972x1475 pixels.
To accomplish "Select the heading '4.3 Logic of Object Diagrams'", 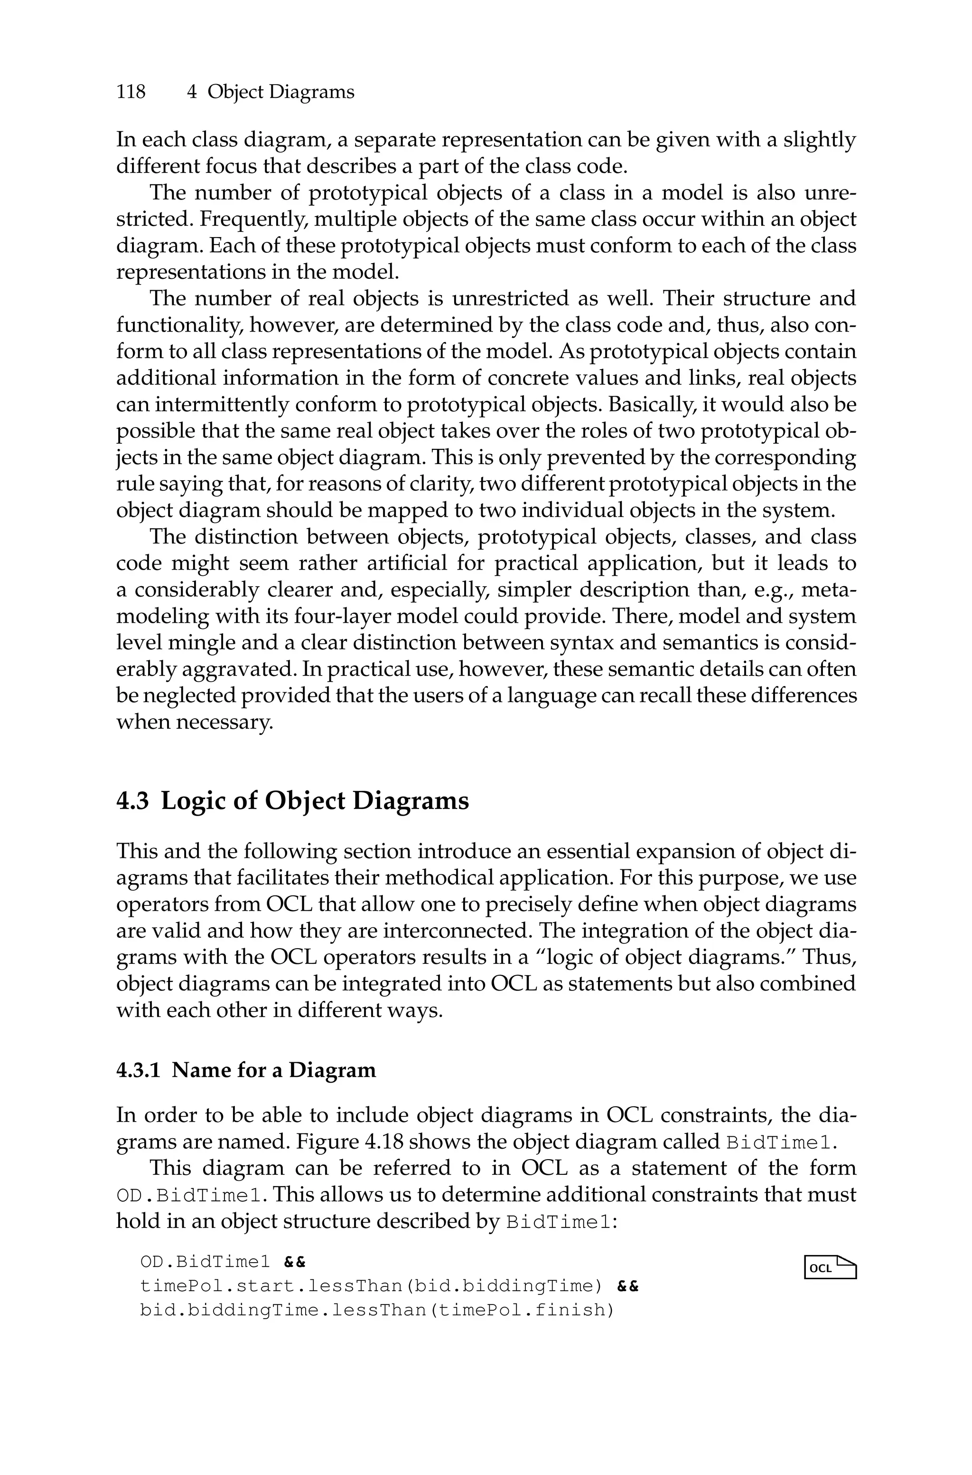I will tap(292, 801).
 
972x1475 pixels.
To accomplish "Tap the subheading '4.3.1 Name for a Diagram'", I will tap(246, 1070).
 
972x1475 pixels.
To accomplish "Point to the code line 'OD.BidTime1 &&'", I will tap(223, 1262).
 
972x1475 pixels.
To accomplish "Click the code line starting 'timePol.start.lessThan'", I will tap(389, 1286).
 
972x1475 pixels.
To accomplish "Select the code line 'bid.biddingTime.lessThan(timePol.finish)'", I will tap(377, 1310).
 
